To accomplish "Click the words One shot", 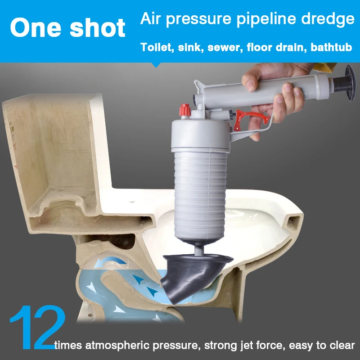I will (x=67, y=28).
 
